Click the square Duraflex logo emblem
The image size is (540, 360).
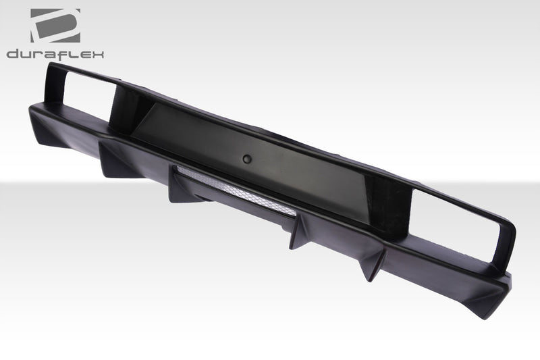[55, 25]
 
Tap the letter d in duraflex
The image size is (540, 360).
[13, 55]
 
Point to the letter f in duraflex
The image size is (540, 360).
[64, 55]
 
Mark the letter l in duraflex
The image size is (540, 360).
[73, 55]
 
